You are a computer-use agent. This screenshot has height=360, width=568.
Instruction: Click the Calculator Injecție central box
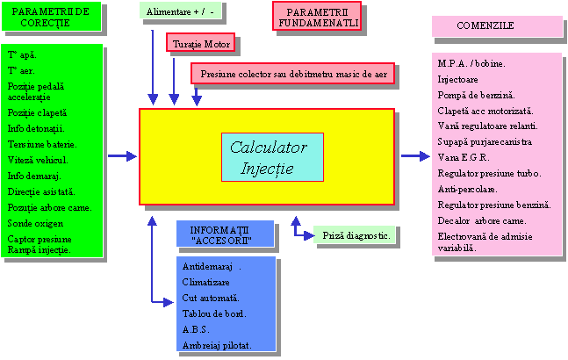point(272,156)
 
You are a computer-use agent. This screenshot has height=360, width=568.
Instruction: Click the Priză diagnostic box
point(355,235)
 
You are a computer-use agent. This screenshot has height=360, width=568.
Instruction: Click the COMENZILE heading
point(497,25)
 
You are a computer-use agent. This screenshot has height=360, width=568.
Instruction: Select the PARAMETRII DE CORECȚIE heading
point(50,17)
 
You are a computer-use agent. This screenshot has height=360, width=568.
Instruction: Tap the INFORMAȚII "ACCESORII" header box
point(219,234)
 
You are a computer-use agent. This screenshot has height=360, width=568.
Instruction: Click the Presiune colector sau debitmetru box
point(292,74)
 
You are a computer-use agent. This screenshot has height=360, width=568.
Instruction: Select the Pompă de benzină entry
point(477,94)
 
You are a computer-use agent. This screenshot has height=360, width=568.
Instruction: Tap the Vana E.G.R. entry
point(462,157)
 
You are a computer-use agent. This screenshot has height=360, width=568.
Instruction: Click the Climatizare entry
point(205,282)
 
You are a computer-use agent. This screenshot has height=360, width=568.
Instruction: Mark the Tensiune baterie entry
point(41,144)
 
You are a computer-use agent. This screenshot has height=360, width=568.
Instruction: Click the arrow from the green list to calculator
point(122,155)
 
